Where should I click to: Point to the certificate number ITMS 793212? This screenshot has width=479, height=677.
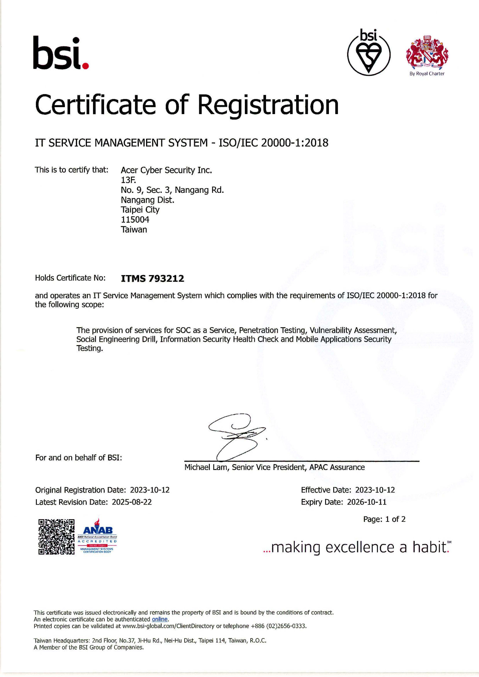[153, 278]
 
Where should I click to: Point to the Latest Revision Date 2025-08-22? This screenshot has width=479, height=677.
[132, 502]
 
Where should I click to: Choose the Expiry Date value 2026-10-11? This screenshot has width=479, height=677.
[367, 502]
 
